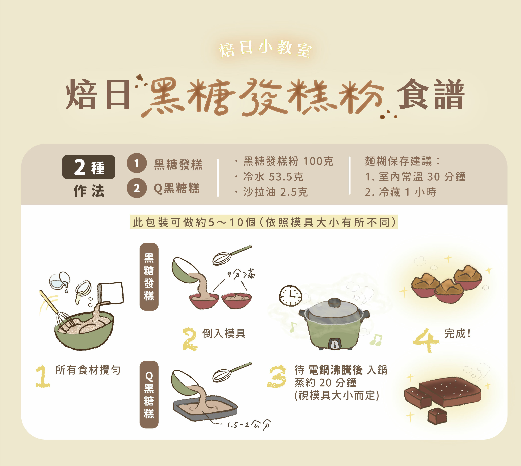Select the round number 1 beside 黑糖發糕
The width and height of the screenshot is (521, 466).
pos(137,163)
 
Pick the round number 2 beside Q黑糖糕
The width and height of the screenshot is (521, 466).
pos(137,188)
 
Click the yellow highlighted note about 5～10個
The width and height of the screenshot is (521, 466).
pos(264,222)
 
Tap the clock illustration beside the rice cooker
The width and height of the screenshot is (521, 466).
pos(290,296)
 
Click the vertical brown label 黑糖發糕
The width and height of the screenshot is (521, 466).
pos(149,277)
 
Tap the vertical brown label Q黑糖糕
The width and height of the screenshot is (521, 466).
pos(149,395)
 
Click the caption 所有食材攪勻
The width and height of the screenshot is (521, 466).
pos(88,370)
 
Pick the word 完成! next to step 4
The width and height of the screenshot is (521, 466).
pos(457,334)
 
